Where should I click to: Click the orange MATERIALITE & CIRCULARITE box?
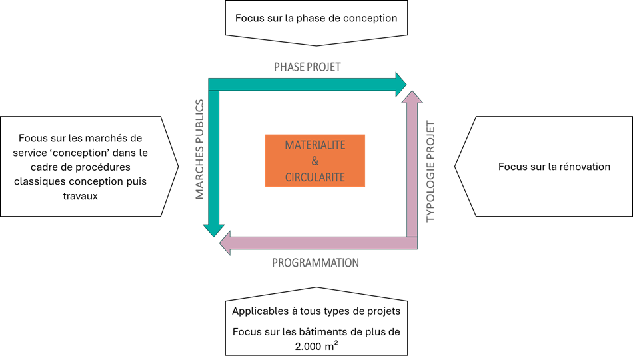click(x=315, y=161)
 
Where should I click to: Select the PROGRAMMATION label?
click(x=316, y=263)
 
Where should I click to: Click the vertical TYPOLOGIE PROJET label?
click(x=430, y=171)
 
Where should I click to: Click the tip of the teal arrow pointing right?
click(x=405, y=84)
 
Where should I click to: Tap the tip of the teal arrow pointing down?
click(x=214, y=235)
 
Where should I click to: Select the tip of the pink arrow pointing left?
click(x=223, y=243)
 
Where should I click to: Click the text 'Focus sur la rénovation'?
click(x=554, y=167)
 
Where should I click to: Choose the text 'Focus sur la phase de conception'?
click(x=316, y=17)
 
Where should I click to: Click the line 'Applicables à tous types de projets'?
click(x=316, y=311)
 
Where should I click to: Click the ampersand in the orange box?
click(x=315, y=161)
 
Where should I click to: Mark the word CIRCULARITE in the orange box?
click(x=315, y=177)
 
